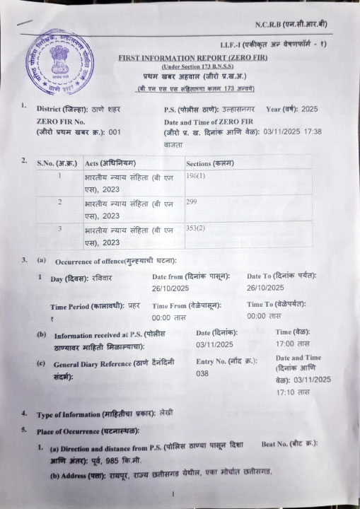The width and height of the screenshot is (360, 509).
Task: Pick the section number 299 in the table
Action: click(191, 201)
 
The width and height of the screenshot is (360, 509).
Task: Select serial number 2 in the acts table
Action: click(60, 202)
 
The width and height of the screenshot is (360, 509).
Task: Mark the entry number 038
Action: click(202, 373)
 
